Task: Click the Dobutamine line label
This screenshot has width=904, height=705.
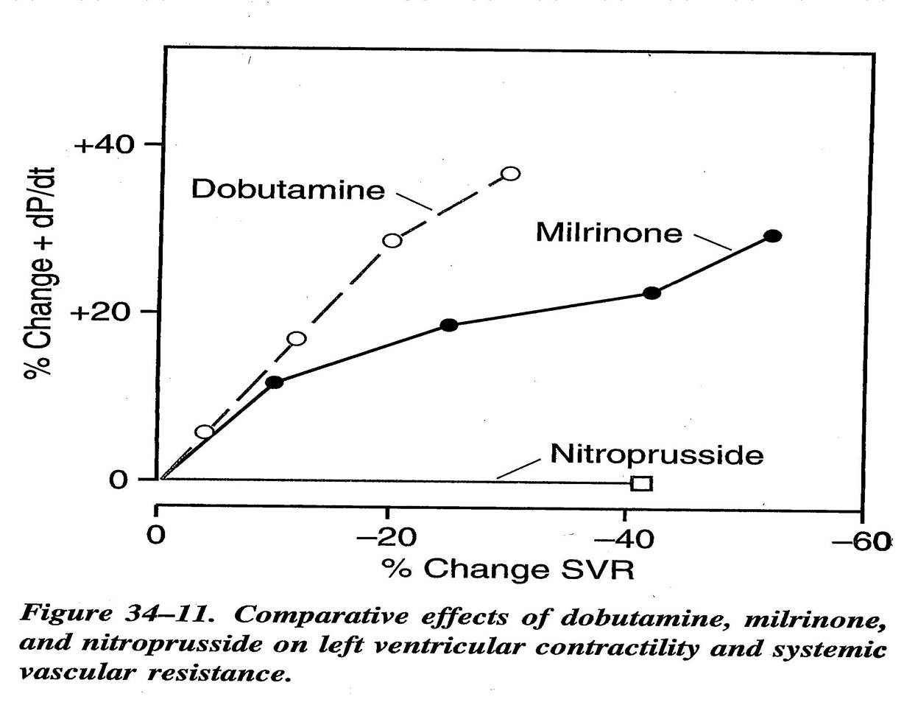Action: pyautogui.click(x=288, y=189)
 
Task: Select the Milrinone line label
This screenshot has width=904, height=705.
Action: pyautogui.click(x=609, y=233)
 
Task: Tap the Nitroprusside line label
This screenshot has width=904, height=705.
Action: pyautogui.click(x=657, y=455)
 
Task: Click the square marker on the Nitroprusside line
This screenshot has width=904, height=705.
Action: pyautogui.click(x=641, y=483)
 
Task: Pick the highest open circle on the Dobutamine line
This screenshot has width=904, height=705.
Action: pyautogui.click(x=510, y=174)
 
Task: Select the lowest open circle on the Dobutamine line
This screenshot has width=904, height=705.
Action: pyautogui.click(x=205, y=431)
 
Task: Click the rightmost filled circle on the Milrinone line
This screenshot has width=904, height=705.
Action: pyautogui.click(x=772, y=236)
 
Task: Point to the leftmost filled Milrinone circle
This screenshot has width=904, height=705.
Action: pyautogui.click(x=275, y=382)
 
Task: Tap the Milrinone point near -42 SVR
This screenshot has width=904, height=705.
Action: pyautogui.click(x=651, y=292)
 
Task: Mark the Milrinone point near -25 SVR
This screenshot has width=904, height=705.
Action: pyautogui.click(x=449, y=325)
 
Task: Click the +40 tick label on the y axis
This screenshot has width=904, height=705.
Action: pyautogui.click(x=106, y=144)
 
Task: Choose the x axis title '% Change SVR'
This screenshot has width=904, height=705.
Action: pyautogui.click(x=507, y=569)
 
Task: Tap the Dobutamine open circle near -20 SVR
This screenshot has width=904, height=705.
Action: pyautogui.click(x=392, y=240)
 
